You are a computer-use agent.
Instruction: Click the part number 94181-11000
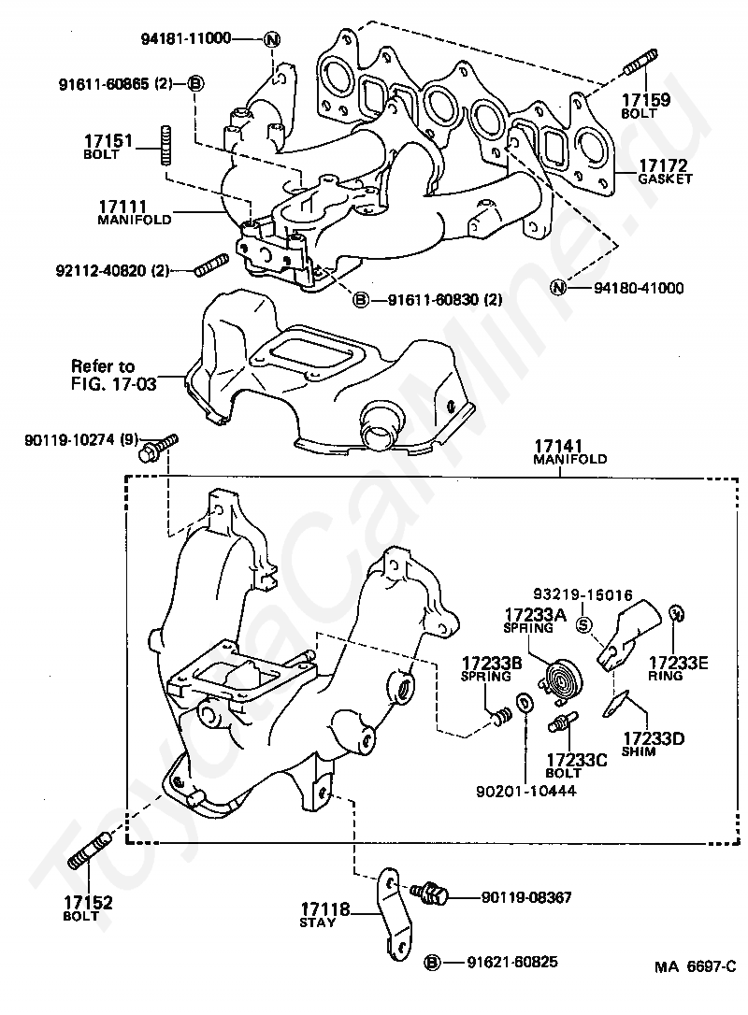186,38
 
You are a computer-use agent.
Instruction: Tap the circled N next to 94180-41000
558,287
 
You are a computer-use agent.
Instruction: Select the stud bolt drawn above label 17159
641,62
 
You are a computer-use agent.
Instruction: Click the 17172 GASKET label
664,172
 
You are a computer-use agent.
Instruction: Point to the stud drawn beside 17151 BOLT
165,147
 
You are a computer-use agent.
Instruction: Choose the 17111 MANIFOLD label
134,212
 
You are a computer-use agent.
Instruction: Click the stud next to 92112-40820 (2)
210,266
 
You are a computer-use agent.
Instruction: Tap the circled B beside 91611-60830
360,299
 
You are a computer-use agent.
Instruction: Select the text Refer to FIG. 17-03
113,375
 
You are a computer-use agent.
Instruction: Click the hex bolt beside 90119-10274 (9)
158,448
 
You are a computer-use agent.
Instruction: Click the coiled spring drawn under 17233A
559,681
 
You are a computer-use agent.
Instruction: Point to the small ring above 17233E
676,613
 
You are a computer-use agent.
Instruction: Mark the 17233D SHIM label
653,744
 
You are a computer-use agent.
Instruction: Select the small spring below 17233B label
500,717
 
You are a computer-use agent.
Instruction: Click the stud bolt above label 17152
90,852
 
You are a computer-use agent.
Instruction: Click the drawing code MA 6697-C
695,967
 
